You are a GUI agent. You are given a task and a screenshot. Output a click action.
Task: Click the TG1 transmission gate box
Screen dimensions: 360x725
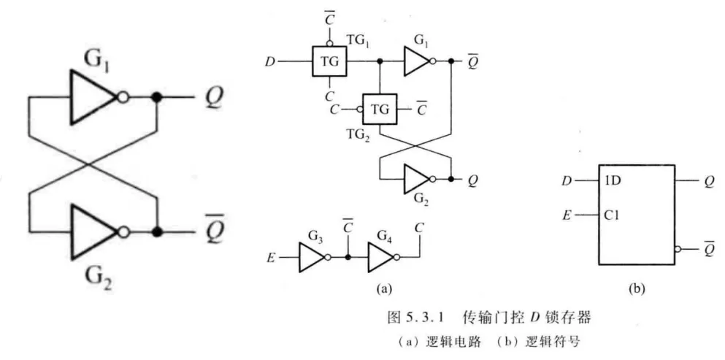click(x=329, y=61)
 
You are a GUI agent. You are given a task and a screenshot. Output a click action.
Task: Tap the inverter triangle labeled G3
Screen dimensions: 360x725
click(x=312, y=257)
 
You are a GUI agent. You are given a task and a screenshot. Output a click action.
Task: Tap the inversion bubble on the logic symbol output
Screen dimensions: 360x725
click(x=678, y=249)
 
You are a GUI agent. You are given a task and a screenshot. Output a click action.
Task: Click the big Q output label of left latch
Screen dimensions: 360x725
click(x=213, y=98)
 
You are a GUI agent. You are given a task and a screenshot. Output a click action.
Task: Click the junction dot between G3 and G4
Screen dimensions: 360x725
click(x=348, y=257)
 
